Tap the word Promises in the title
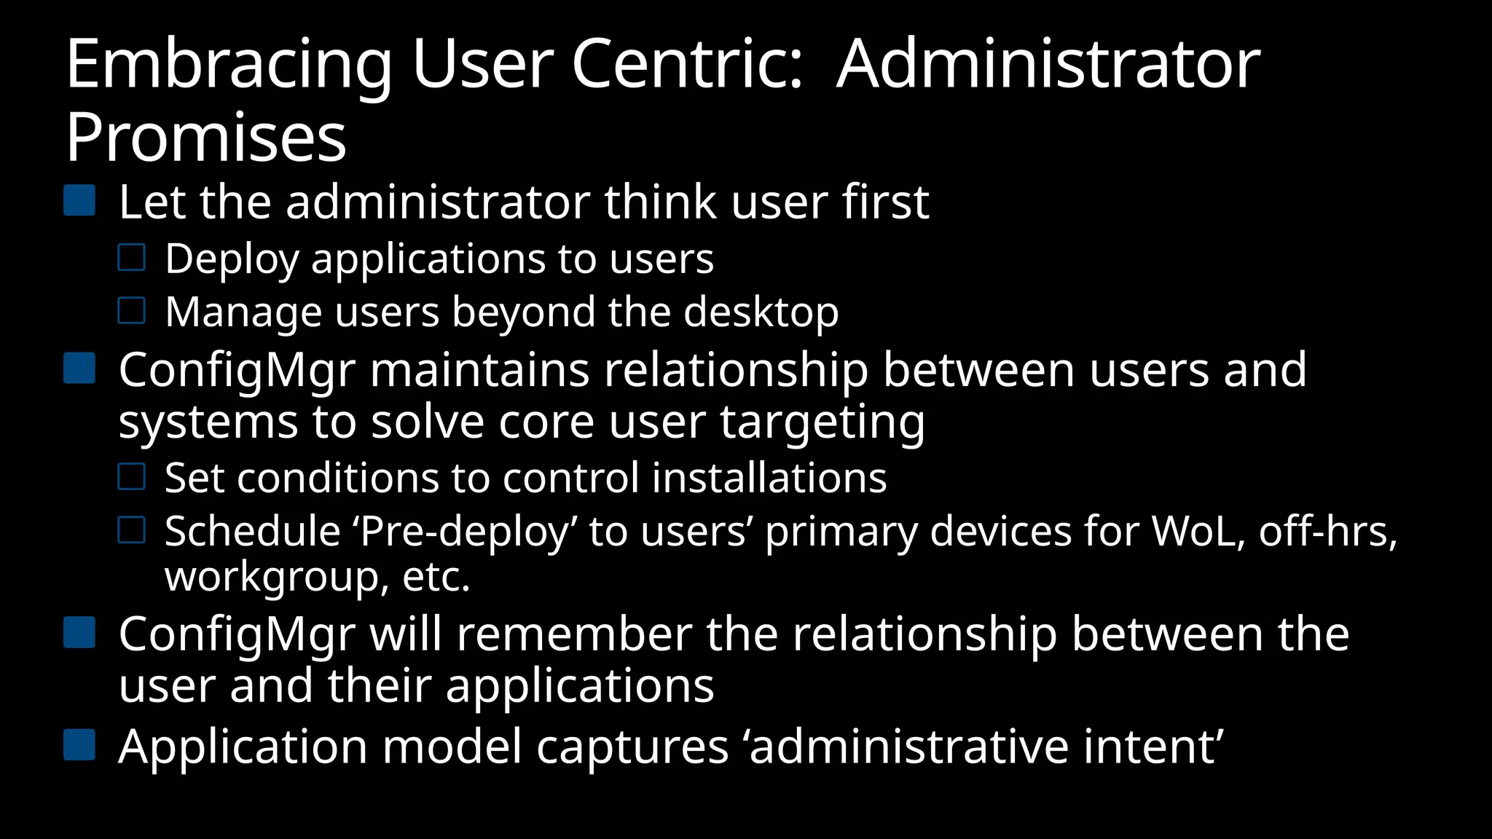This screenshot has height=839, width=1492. point(206,138)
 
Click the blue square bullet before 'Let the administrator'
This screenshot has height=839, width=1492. point(79,200)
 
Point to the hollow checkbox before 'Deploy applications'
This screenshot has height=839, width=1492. point(132,258)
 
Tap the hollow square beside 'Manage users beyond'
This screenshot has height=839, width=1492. point(132,311)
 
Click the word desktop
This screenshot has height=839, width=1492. point(761,313)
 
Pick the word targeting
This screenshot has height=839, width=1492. point(822,423)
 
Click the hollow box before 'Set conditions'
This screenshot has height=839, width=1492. point(132,477)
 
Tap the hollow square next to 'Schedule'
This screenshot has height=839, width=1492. point(132,530)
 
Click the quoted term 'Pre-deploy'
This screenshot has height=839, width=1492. point(465,532)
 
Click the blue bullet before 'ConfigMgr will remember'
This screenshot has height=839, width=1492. point(79,633)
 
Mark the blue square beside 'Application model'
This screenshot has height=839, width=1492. point(79,745)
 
